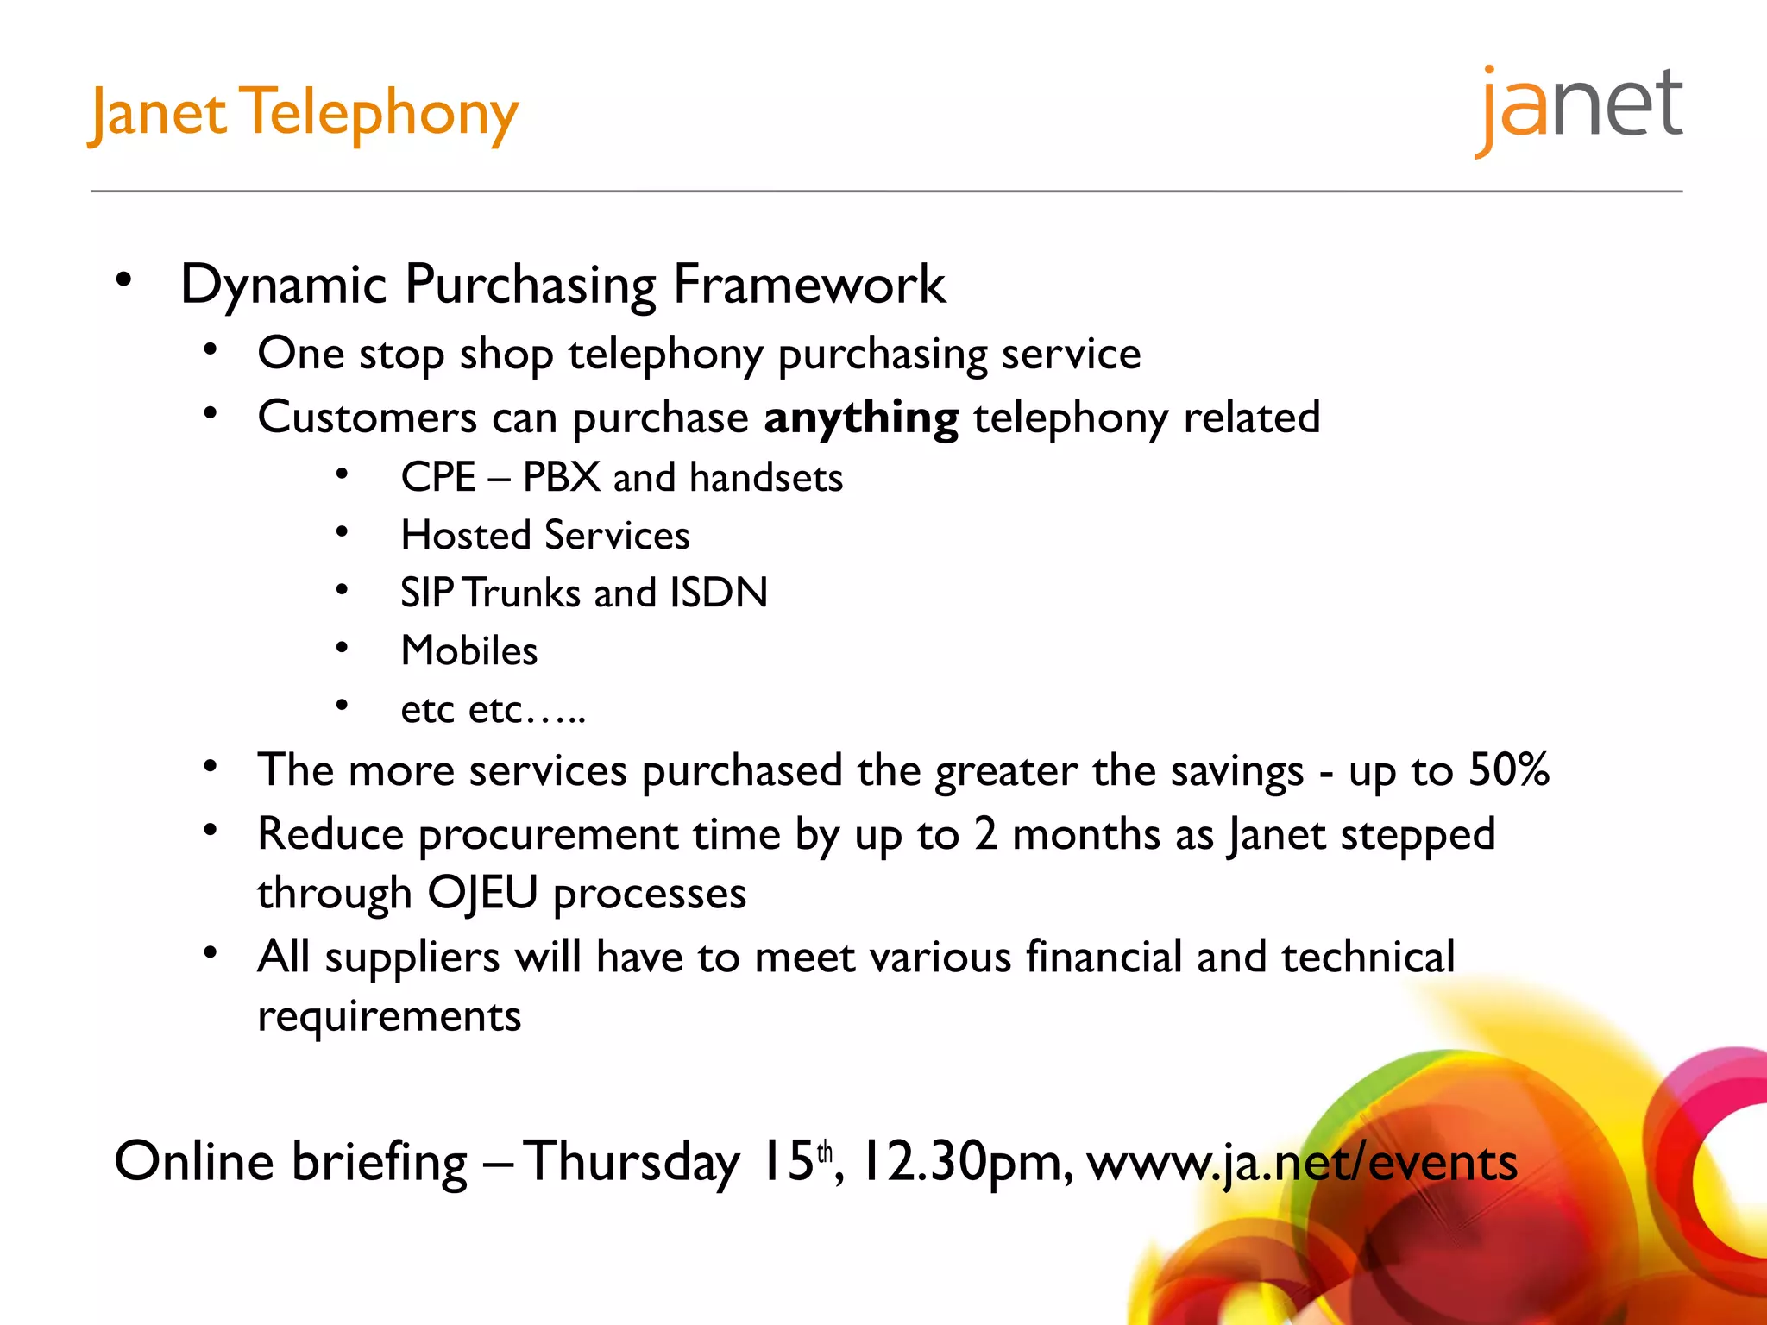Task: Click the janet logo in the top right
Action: tap(1579, 108)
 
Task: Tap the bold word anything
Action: tap(860, 418)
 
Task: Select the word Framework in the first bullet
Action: tap(809, 285)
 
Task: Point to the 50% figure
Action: tap(1509, 769)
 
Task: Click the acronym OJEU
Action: tap(483, 893)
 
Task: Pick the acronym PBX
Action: tap(561, 477)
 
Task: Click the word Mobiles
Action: tap(469, 650)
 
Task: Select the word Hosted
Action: tap(466, 535)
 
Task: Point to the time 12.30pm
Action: tap(966, 1163)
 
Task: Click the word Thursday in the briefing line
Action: tap(632, 1163)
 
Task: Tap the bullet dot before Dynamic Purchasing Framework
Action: tap(124, 279)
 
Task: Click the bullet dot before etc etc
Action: tap(342, 706)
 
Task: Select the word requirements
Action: tap(389, 1016)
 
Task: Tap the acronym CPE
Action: tap(438, 477)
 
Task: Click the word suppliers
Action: tap(412, 958)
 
